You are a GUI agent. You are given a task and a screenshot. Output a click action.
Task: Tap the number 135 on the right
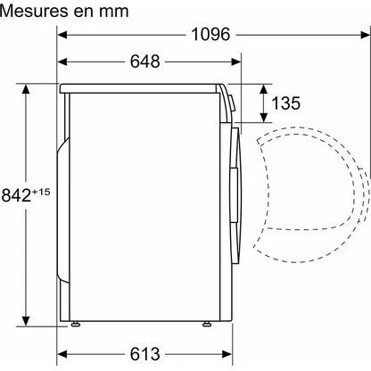pyautogui.click(x=286, y=103)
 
